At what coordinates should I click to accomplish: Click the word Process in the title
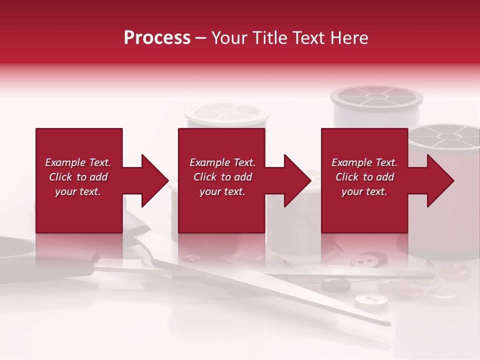tap(157, 38)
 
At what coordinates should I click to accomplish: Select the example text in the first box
tap(78, 177)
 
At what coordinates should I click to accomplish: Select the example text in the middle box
tap(222, 177)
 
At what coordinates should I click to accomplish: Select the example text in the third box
tap(364, 177)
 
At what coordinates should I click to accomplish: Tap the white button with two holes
tap(371, 300)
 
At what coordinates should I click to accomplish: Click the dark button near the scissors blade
tap(335, 285)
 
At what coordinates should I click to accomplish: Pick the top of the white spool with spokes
tap(377, 96)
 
